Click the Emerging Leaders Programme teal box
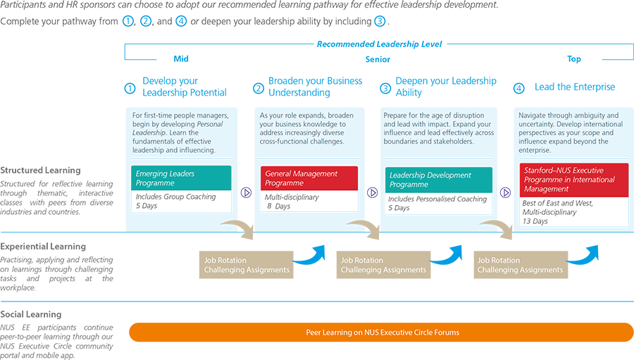[x=181, y=178]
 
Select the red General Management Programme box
[x=309, y=178]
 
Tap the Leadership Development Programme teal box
[x=438, y=179]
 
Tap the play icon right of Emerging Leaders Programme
[x=246, y=192]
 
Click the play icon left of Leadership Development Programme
[x=373, y=192]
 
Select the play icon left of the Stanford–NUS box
[x=505, y=192]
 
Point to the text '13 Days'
[x=536, y=221]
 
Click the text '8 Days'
[x=279, y=206]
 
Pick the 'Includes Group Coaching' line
[x=176, y=197]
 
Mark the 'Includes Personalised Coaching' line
[x=437, y=199]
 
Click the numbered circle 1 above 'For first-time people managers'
[x=130, y=89]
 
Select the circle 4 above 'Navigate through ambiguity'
[x=519, y=89]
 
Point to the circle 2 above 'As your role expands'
[x=259, y=89]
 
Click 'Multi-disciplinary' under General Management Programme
[x=292, y=197]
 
